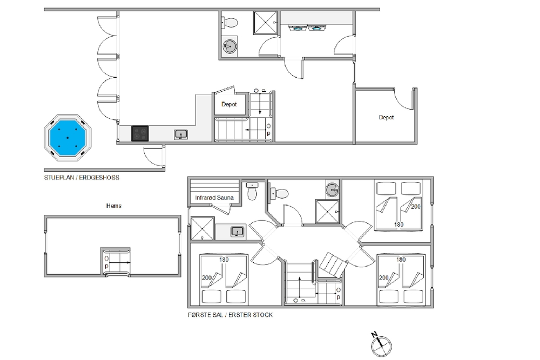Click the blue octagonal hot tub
[x=67, y=137]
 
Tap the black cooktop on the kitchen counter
[x=140, y=133]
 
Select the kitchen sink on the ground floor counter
[x=181, y=134]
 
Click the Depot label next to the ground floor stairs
[x=229, y=104]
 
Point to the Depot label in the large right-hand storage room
[x=386, y=117]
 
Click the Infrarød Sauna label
[x=214, y=198]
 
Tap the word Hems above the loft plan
[x=113, y=206]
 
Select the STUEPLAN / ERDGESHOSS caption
[x=82, y=178]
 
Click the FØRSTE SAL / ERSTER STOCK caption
[x=230, y=315]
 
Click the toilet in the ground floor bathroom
[x=230, y=23]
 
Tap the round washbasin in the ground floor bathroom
[x=230, y=45]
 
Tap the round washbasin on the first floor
[x=332, y=189]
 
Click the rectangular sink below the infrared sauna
[x=237, y=232]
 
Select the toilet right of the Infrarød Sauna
[x=252, y=191]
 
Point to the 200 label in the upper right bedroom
[x=416, y=207]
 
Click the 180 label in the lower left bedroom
[x=224, y=260]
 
